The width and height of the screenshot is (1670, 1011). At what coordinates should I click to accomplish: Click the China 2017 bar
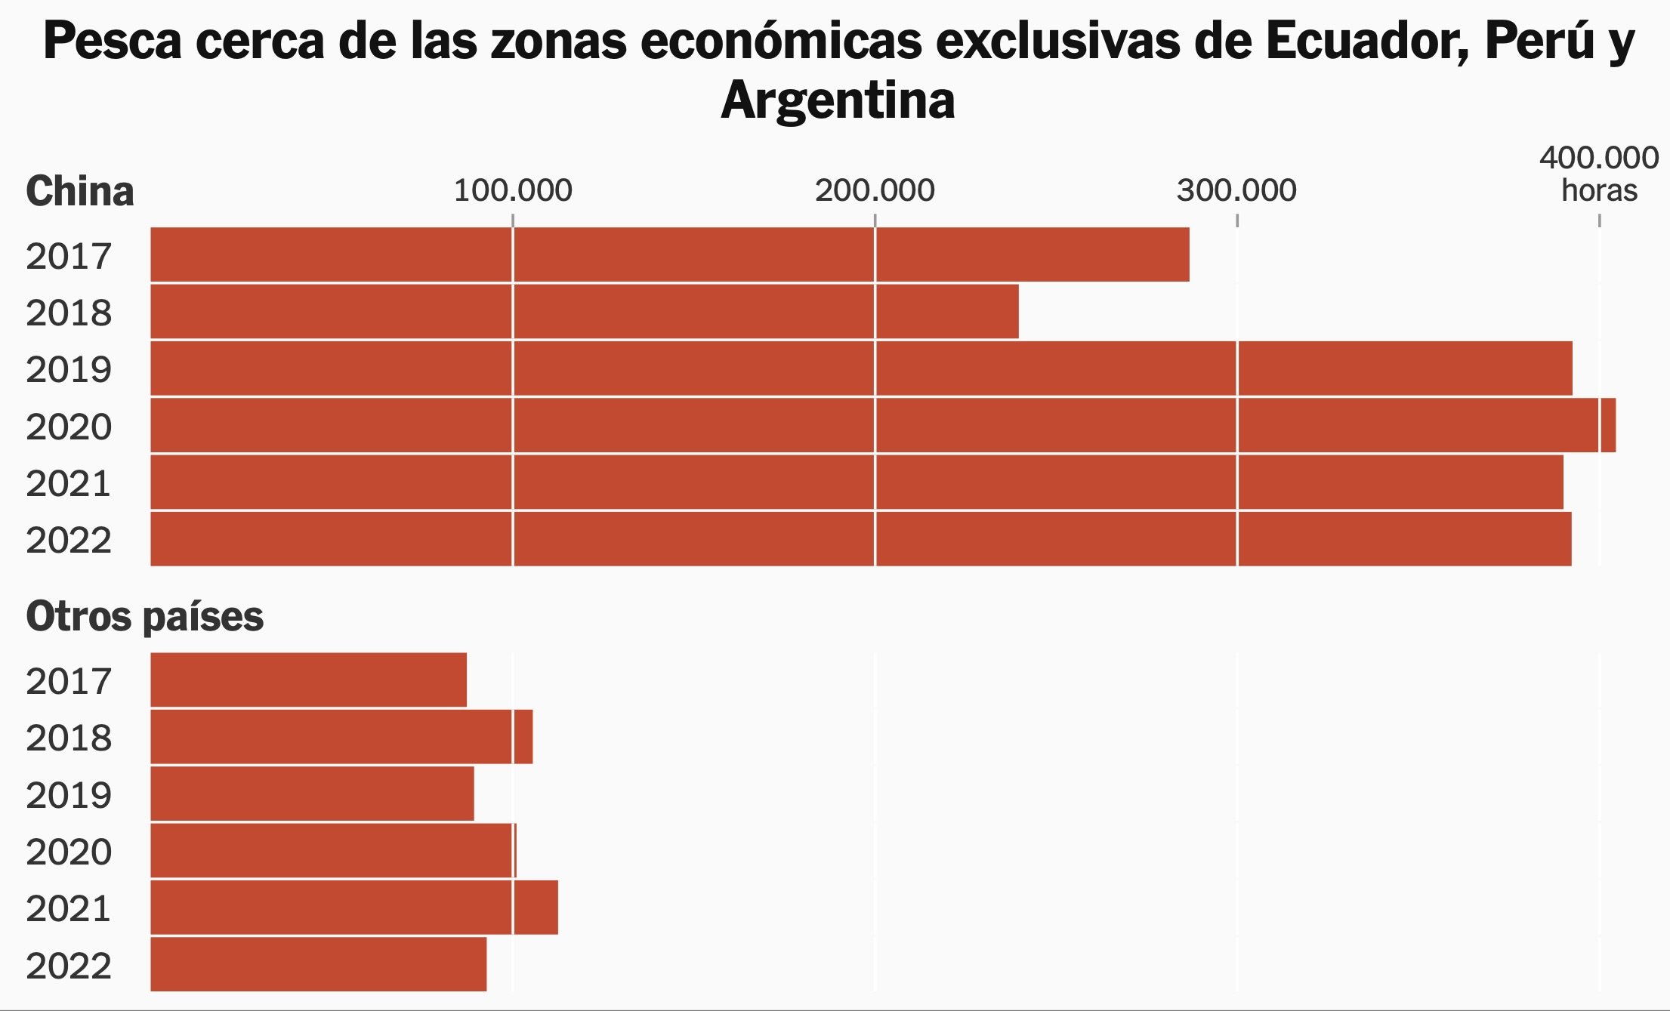click(x=669, y=254)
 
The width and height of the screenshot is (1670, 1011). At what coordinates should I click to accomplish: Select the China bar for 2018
click(x=584, y=312)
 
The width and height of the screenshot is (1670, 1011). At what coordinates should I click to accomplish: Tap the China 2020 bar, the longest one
click(x=882, y=426)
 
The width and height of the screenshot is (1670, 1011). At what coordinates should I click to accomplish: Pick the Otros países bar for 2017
click(x=308, y=680)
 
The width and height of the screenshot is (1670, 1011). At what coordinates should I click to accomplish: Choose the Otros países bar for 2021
click(x=353, y=908)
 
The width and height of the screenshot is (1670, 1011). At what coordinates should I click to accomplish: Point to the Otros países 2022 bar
click(x=318, y=964)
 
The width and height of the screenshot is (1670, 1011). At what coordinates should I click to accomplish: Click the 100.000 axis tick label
click(x=513, y=190)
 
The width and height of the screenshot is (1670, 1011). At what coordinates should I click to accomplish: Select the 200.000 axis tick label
click(x=875, y=190)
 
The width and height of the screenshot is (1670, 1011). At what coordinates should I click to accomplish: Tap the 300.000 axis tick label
click(x=1236, y=190)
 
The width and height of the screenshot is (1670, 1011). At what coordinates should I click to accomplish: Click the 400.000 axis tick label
click(x=1599, y=158)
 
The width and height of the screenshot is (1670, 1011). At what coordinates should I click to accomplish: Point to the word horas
click(x=1599, y=190)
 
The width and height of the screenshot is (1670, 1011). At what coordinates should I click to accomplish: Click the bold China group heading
click(x=80, y=191)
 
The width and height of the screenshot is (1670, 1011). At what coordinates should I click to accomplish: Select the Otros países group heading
click(x=144, y=616)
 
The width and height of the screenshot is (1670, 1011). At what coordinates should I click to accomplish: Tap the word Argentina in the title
click(x=838, y=100)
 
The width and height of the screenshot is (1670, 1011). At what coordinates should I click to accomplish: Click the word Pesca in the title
click(x=113, y=42)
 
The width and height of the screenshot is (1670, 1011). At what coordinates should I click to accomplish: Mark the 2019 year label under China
click(x=69, y=369)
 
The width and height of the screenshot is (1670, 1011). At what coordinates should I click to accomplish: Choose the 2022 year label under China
click(x=69, y=540)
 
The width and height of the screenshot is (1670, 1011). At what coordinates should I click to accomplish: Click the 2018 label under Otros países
click(x=69, y=738)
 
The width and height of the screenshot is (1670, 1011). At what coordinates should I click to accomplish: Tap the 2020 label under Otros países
click(x=69, y=852)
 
